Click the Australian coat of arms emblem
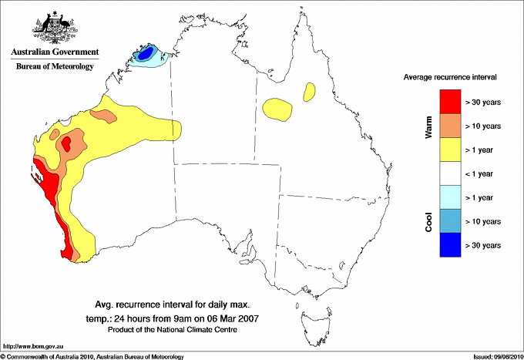54,28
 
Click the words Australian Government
54,53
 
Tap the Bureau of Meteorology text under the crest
54,66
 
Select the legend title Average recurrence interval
450,78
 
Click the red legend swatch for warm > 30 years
450,102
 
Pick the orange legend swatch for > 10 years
450,126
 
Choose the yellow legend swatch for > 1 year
450,150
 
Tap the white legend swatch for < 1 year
450,173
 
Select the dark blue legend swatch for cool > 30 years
450,244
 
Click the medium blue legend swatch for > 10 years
450,221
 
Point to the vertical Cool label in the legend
429,221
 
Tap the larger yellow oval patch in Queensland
277,109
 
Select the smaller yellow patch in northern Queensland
310,93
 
